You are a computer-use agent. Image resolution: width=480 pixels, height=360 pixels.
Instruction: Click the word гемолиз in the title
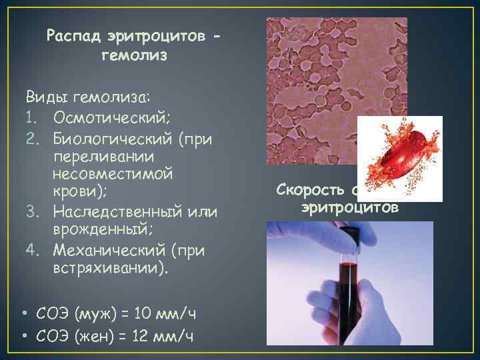pyautogui.click(x=134, y=56)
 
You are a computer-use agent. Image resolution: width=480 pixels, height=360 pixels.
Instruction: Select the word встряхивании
pyautogui.click(x=109, y=269)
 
